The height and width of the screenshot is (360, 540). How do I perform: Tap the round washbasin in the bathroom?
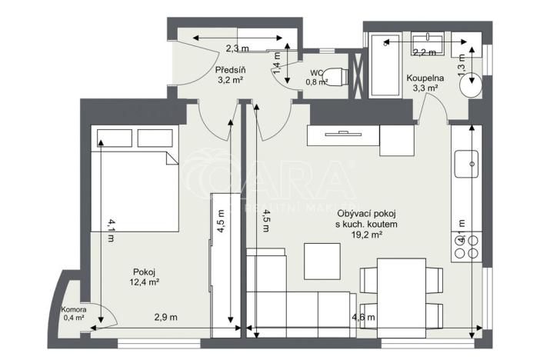click(472, 85)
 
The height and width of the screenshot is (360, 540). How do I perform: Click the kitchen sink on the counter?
click(466, 163)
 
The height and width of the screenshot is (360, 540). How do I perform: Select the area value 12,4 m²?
click(145, 282)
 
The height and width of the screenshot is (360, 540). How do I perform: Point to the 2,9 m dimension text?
click(165, 317)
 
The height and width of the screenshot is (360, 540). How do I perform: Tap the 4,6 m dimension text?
click(363, 317)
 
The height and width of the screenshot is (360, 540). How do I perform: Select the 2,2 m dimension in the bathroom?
click(424, 53)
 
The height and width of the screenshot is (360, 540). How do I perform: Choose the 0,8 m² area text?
click(316, 82)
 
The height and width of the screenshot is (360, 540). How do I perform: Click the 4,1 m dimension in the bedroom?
click(112, 231)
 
